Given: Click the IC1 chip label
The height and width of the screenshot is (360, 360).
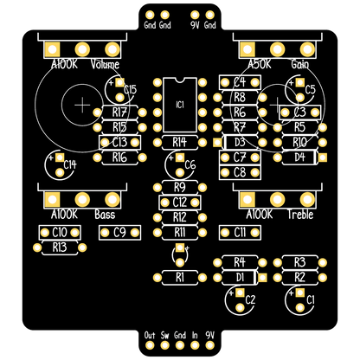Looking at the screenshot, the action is tap(180, 105).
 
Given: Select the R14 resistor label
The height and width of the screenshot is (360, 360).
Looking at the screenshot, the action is tap(180, 142).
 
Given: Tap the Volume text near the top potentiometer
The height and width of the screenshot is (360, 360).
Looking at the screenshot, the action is tap(105, 64).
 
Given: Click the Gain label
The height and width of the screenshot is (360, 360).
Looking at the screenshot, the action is tap(300, 64).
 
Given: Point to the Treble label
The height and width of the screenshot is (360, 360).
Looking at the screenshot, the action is tap(300, 215).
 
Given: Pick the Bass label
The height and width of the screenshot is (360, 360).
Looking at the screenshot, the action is tap(105, 215).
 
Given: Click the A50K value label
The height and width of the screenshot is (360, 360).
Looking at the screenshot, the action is tap(260, 64).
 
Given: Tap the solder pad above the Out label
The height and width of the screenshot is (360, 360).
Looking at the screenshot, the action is tap(150, 345).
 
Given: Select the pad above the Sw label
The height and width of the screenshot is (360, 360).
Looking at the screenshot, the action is tap(164, 345).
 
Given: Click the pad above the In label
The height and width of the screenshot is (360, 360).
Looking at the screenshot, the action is tap(195, 345).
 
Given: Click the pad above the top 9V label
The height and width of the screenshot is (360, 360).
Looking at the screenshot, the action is tap(195, 15).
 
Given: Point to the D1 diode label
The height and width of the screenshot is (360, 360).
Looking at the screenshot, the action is tap(240, 278).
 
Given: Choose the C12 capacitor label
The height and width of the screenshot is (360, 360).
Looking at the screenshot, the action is tap(180, 202).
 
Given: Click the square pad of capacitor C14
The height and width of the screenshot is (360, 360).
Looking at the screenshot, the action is tap(60, 157).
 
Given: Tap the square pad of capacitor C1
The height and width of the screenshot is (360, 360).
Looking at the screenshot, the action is tap(300, 292).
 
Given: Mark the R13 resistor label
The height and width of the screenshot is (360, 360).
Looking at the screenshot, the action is tap(60, 247).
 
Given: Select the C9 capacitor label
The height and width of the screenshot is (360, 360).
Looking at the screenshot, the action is tap(119, 233).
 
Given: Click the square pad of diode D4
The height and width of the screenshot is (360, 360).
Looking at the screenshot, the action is tap(323, 157).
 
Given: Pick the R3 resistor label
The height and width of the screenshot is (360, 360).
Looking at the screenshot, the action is tap(300, 262).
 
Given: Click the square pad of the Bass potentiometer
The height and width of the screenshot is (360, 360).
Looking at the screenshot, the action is tap(52, 199).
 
